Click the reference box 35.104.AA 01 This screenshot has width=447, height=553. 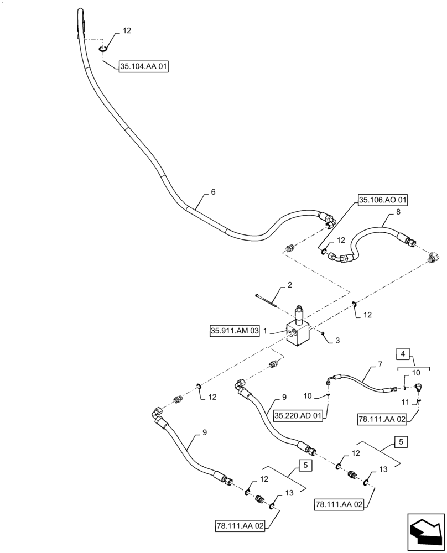pos(143,67)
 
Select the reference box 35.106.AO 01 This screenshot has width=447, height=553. pos(383,200)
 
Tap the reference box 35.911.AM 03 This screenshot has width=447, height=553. pos(235,331)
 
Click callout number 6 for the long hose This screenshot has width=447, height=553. pos(213,192)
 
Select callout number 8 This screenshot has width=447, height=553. pos(398,212)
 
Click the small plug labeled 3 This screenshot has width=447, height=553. pos(322,333)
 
